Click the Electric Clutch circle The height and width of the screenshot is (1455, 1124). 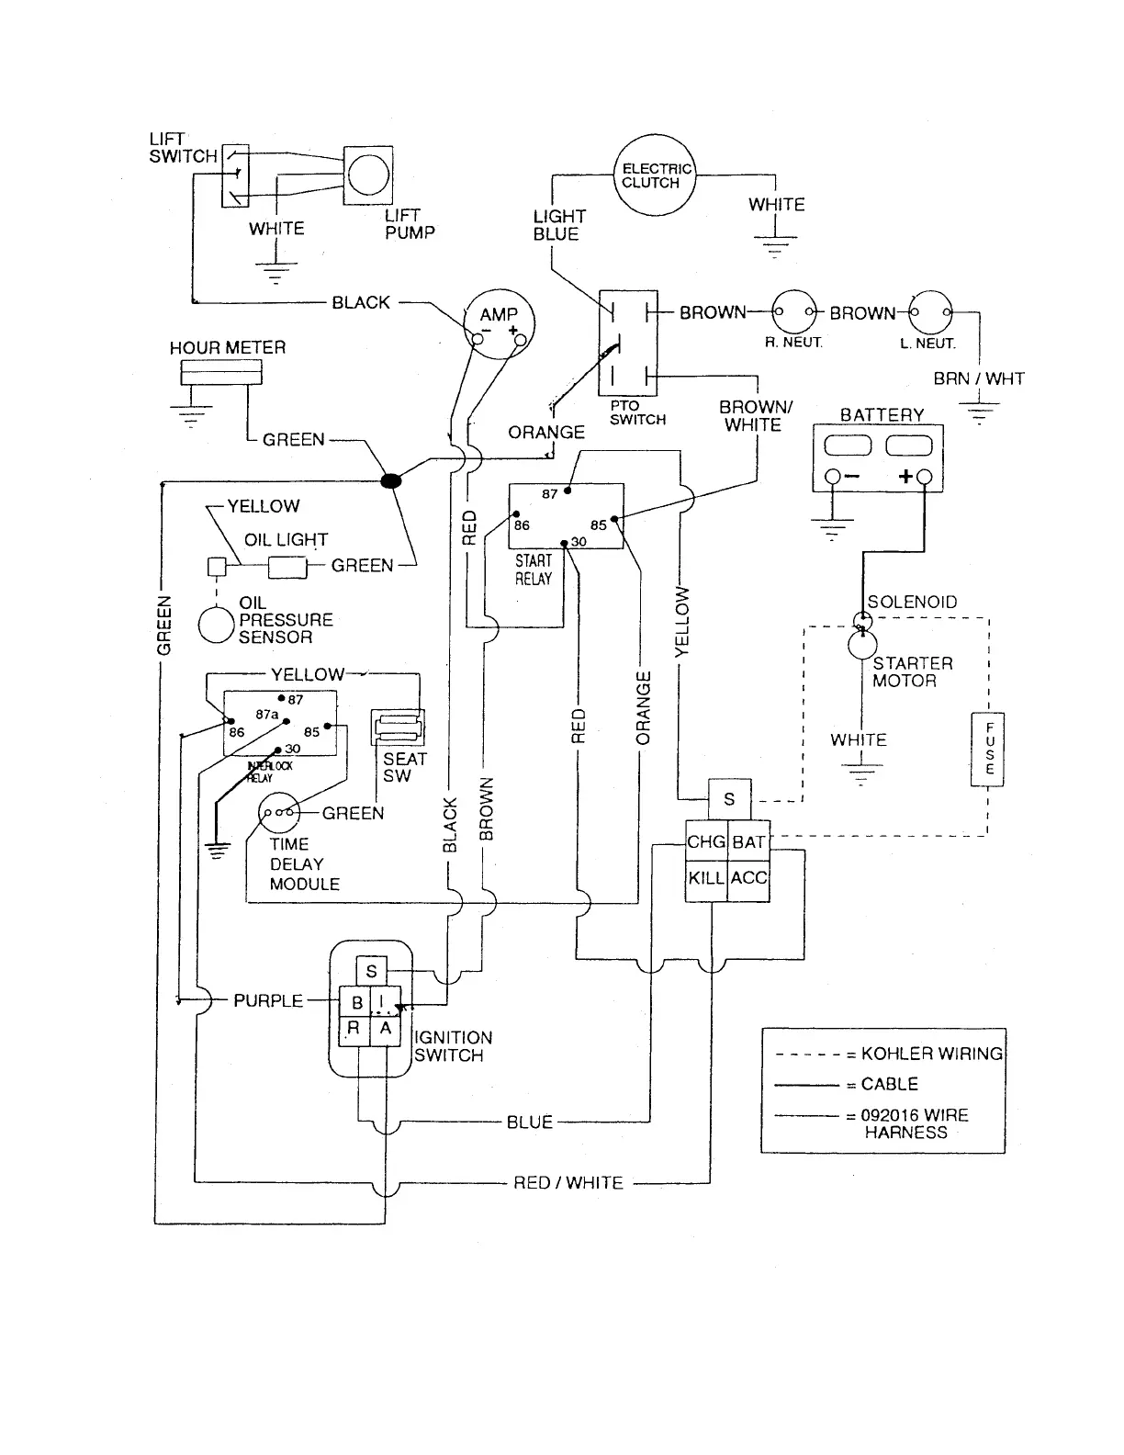[x=653, y=175]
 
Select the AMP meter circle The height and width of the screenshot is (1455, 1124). [x=498, y=324]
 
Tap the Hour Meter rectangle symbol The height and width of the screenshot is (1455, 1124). [x=221, y=371]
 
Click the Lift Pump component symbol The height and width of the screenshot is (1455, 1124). [x=367, y=175]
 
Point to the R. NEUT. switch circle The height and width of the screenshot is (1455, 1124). [x=793, y=312]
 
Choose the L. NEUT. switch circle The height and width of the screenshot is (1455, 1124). [x=930, y=312]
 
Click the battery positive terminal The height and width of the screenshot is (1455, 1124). [x=924, y=477]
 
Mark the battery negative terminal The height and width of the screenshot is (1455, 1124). [x=832, y=477]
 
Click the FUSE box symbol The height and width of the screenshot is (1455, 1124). [x=988, y=749]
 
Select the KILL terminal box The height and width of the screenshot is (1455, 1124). [x=706, y=879]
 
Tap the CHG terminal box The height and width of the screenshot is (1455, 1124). [x=706, y=842]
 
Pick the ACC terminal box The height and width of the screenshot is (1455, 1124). [x=748, y=879]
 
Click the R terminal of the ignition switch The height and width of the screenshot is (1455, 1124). [x=354, y=1030]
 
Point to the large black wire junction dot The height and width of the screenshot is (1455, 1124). [x=391, y=480]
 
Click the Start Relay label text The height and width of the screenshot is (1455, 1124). [x=534, y=570]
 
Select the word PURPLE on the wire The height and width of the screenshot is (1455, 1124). [x=268, y=1000]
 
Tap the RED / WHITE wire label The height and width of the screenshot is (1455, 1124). [x=568, y=1183]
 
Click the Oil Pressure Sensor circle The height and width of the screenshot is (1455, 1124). [x=217, y=625]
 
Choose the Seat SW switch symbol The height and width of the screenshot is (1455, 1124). [x=397, y=728]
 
